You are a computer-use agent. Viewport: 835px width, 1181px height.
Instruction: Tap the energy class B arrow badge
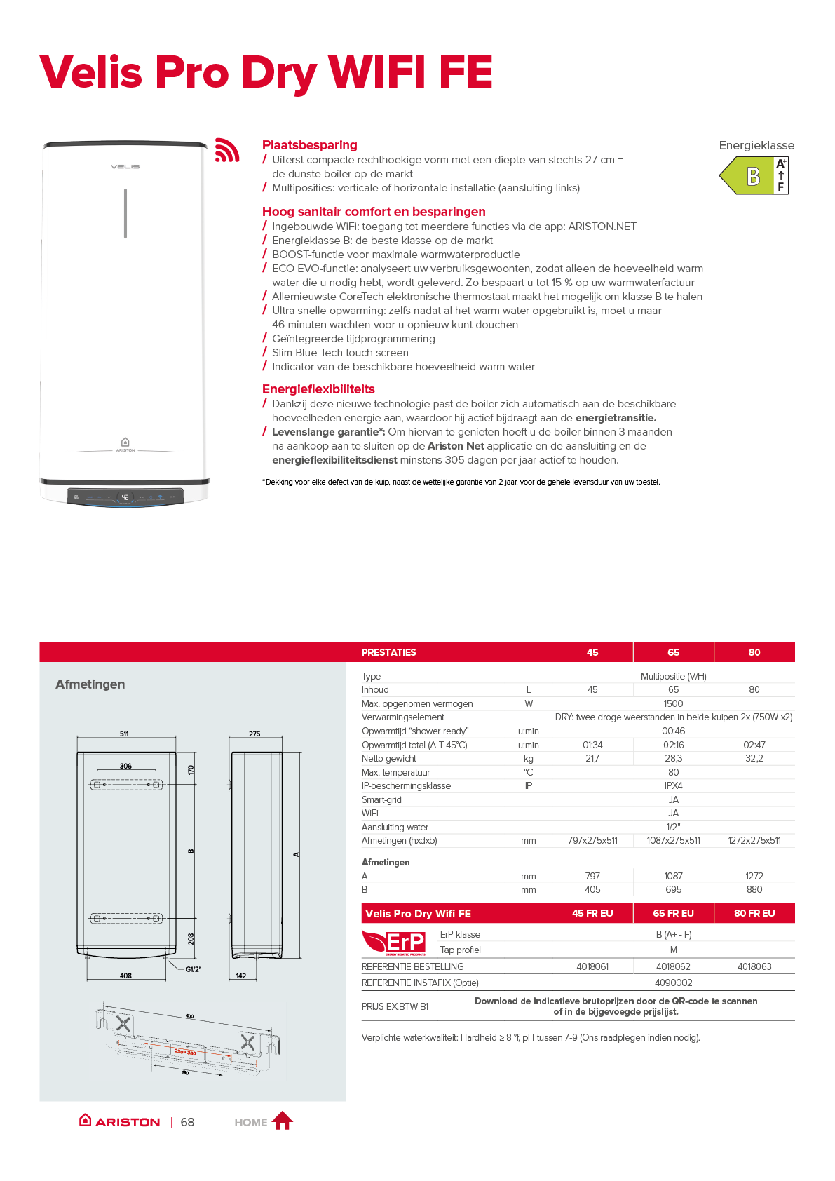pyautogui.click(x=752, y=175)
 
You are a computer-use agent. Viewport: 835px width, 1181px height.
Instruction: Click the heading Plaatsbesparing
pyautogui.click(x=309, y=145)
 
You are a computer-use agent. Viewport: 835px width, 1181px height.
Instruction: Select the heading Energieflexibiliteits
pyautogui.click(x=318, y=389)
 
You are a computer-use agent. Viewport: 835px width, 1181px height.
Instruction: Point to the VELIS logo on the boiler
pyautogui.click(x=125, y=167)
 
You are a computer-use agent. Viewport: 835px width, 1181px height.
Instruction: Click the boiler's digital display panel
pyautogui.click(x=125, y=497)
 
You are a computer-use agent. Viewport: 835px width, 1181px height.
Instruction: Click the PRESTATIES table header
pyautogui.click(x=388, y=652)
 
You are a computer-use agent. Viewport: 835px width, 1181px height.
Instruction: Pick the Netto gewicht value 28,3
pyautogui.click(x=673, y=759)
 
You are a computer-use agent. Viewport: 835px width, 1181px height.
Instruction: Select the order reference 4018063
pyautogui.click(x=754, y=966)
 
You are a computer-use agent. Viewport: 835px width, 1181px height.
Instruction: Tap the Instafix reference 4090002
pyautogui.click(x=673, y=983)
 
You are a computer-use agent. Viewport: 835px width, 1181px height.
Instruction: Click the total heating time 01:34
pyautogui.click(x=592, y=745)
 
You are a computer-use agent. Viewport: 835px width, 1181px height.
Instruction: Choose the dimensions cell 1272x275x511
pyautogui.click(x=754, y=841)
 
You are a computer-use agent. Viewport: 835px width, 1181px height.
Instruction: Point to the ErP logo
pyautogui.click(x=395, y=942)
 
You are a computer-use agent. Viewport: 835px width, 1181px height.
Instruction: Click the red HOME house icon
pyautogui.click(x=282, y=1121)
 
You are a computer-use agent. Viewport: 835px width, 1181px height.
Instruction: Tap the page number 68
pyautogui.click(x=187, y=1122)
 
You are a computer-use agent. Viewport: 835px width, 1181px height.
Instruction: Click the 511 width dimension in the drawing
pyautogui.click(x=124, y=734)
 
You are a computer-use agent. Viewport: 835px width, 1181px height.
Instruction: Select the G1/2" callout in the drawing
pyautogui.click(x=194, y=969)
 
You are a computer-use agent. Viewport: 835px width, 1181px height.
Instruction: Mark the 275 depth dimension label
pyautogui.click(x=254, y=734)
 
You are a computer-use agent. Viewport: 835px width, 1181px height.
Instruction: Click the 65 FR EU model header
pyautogui.click(x=673, y=913)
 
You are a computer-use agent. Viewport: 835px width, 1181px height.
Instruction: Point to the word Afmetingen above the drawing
pyautogui.click(x=90, y=684)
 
